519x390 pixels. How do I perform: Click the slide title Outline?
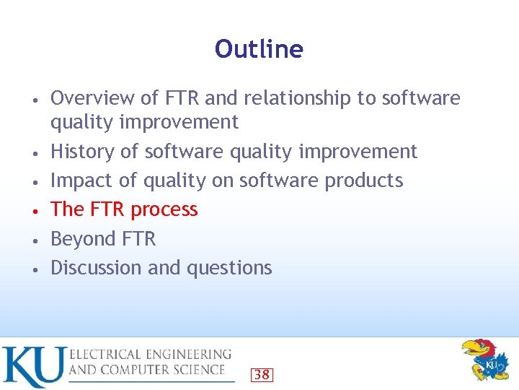click(259, 49)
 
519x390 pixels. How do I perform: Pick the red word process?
click(164, 209)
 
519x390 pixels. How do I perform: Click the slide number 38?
click(262, 374)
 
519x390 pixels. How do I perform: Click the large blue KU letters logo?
click(33, 366)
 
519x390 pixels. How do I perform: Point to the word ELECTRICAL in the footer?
click(104, 355)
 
